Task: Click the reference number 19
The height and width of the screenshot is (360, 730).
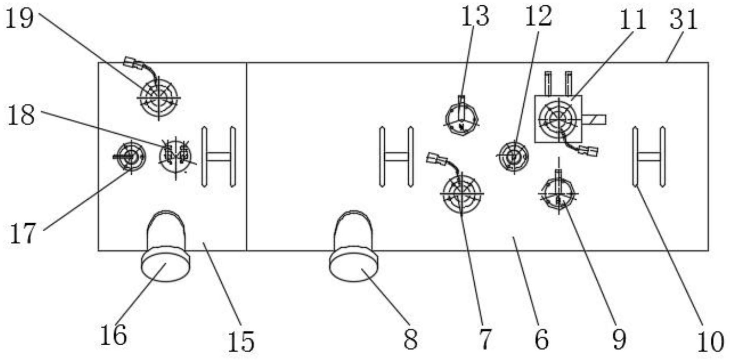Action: [x=20, y=19]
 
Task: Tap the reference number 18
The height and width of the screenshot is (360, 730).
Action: [x=21, y=115]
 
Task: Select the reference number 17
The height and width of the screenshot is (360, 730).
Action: [x=22, y=233]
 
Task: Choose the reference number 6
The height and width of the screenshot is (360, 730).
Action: [x=542, y=339]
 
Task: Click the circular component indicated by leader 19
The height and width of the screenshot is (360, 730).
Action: [x=159, y=97]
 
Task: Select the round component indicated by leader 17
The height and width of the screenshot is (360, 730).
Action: [x=131, y=156]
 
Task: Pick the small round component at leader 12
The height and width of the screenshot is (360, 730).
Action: [x=514, y=156]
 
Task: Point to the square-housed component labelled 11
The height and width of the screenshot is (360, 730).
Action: [x=559, y=119]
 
